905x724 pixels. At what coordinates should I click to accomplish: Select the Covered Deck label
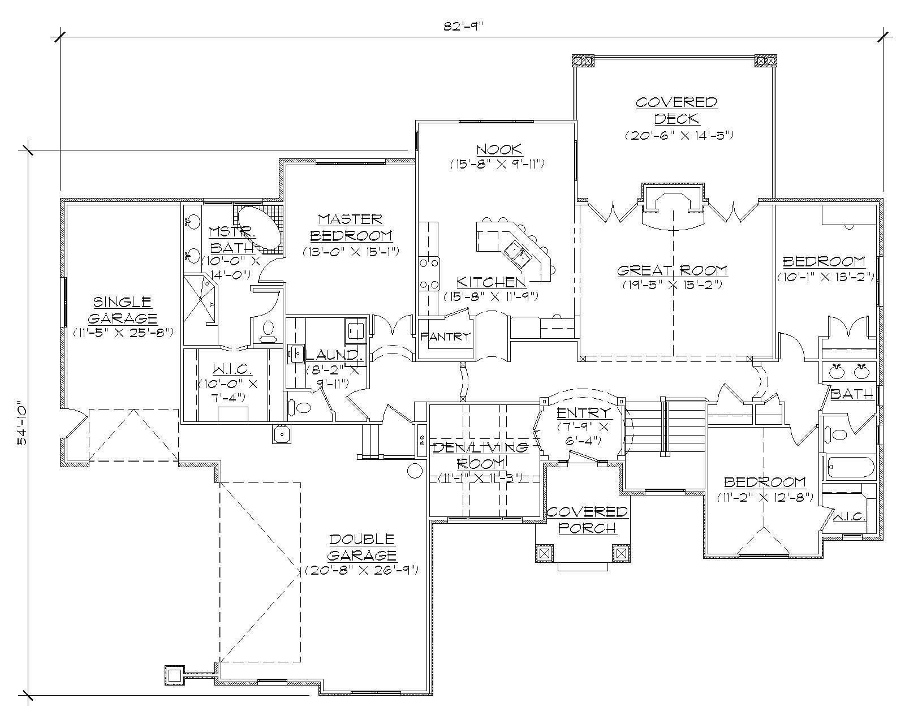pos(676,110)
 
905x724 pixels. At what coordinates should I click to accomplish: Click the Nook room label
pos(499,149)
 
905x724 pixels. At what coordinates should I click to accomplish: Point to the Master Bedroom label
pos(351,227)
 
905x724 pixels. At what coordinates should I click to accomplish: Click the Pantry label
pos(445,337)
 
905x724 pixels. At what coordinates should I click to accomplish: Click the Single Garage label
pos(122,309)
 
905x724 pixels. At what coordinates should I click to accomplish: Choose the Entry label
pos(584,412)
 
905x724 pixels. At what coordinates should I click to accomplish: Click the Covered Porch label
pos(587,519)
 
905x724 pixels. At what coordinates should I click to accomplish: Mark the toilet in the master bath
pos(268,330)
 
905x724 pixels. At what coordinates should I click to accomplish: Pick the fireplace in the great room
pos(673,206)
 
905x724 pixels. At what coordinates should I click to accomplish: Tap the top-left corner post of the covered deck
pos(583,59)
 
